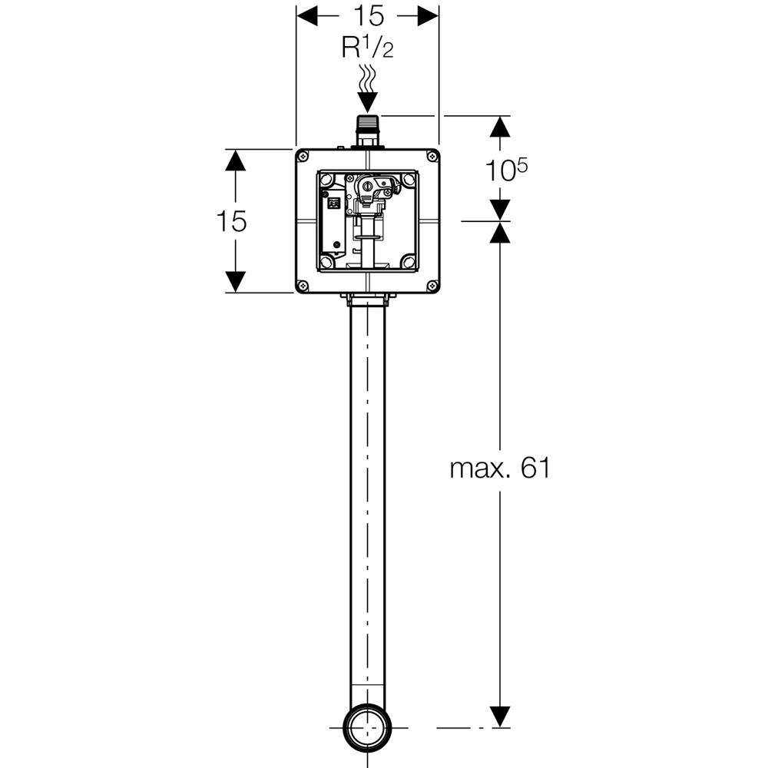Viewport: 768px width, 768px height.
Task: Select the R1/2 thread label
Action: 367,50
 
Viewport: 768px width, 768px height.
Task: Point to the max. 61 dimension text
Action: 500,468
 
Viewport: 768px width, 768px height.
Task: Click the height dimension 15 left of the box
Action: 231,221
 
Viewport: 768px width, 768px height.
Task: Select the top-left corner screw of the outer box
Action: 303,157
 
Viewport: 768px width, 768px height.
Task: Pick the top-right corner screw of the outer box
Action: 432,157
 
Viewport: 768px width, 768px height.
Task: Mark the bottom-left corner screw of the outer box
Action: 303,285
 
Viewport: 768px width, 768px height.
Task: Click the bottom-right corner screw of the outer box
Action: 432,285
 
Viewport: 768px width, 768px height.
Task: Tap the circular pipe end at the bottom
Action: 367,727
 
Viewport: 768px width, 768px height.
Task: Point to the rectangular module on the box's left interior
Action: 334,223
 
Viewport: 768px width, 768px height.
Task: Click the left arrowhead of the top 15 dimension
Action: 308,15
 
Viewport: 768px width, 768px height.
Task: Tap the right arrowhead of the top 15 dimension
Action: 428,15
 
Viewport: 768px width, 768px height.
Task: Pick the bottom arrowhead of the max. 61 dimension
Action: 500,716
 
